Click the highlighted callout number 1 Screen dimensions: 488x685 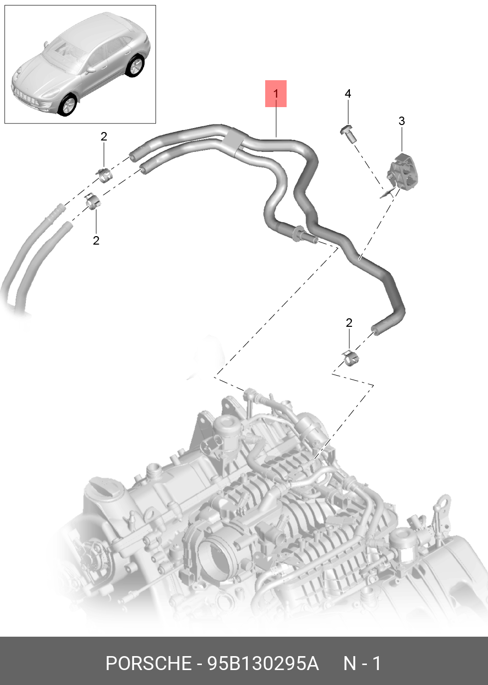tap(276, 94)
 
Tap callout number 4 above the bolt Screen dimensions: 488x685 tap(348, 94)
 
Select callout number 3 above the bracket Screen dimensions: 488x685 tap(402, 121)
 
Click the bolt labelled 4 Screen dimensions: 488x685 tap(348, 134)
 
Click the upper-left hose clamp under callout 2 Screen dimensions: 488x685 tap(105, 175)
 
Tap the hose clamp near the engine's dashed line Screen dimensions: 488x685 tap(350, 358)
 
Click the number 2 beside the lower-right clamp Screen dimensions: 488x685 tap(349, 323)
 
